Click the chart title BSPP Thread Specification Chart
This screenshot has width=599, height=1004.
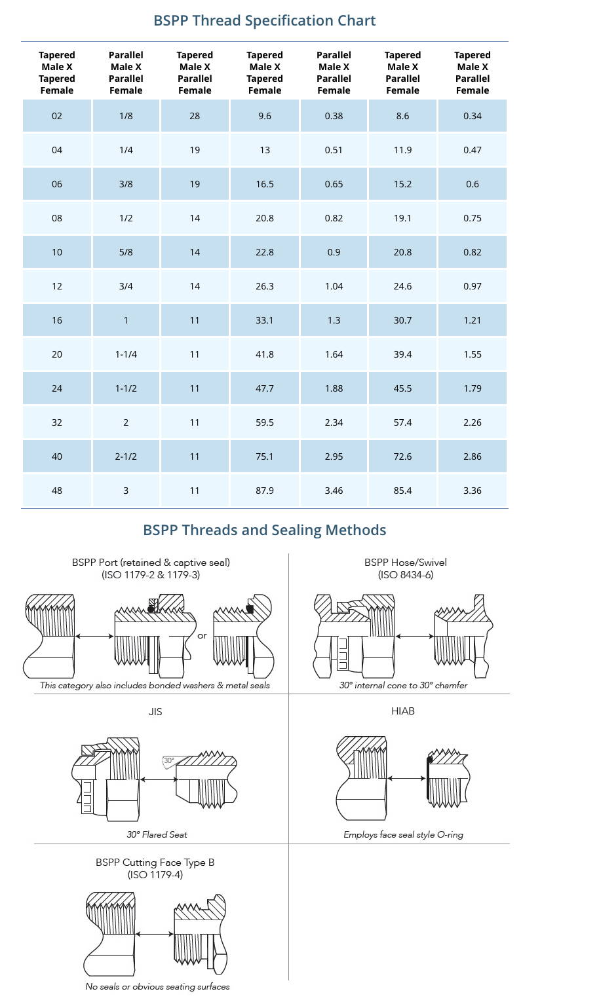(264, 20)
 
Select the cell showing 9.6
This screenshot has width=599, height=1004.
(265, 116)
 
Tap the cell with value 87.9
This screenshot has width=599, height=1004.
(265, 491)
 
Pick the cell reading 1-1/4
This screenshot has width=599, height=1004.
(126, 354)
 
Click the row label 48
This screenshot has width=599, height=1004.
(57, 491)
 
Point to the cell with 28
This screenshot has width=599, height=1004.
(195, 116)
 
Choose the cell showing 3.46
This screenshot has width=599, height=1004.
(334, 491)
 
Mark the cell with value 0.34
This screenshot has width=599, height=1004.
(472, 116)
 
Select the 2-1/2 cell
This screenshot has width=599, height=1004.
(126, 456)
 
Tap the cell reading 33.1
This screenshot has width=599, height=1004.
(265, 320)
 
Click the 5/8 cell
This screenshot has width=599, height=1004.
(126, 252)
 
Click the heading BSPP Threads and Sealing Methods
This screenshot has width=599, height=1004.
(264, 530)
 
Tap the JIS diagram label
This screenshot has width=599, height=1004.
(155, 711)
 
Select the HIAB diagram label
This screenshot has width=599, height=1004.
(402, 711)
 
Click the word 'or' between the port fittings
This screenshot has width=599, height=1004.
(202, 635)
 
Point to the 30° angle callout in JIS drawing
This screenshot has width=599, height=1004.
(169, 761)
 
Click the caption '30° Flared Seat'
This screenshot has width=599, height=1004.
(157, 834)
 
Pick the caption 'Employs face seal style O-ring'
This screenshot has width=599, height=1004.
(403, 834)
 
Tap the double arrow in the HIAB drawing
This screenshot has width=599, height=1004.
(406, 778)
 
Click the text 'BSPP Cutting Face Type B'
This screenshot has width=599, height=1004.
(155, 862)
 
